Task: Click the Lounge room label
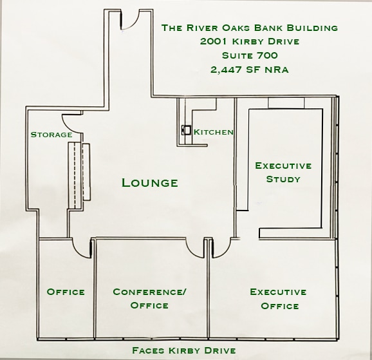coord(149,183)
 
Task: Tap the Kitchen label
coord(213,132)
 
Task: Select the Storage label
coord(51,135)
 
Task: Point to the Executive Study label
coord(283,172)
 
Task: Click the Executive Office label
coord(278,299)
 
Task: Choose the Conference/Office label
coord(149,298)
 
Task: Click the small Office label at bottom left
coord(66,292)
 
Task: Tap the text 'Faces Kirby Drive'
coord(184,350)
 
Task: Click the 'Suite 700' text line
coord(249,55)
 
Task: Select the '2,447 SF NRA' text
coord(249,70)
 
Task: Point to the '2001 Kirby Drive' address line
coord(249,42)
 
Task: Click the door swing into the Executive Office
coord(222,245)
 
